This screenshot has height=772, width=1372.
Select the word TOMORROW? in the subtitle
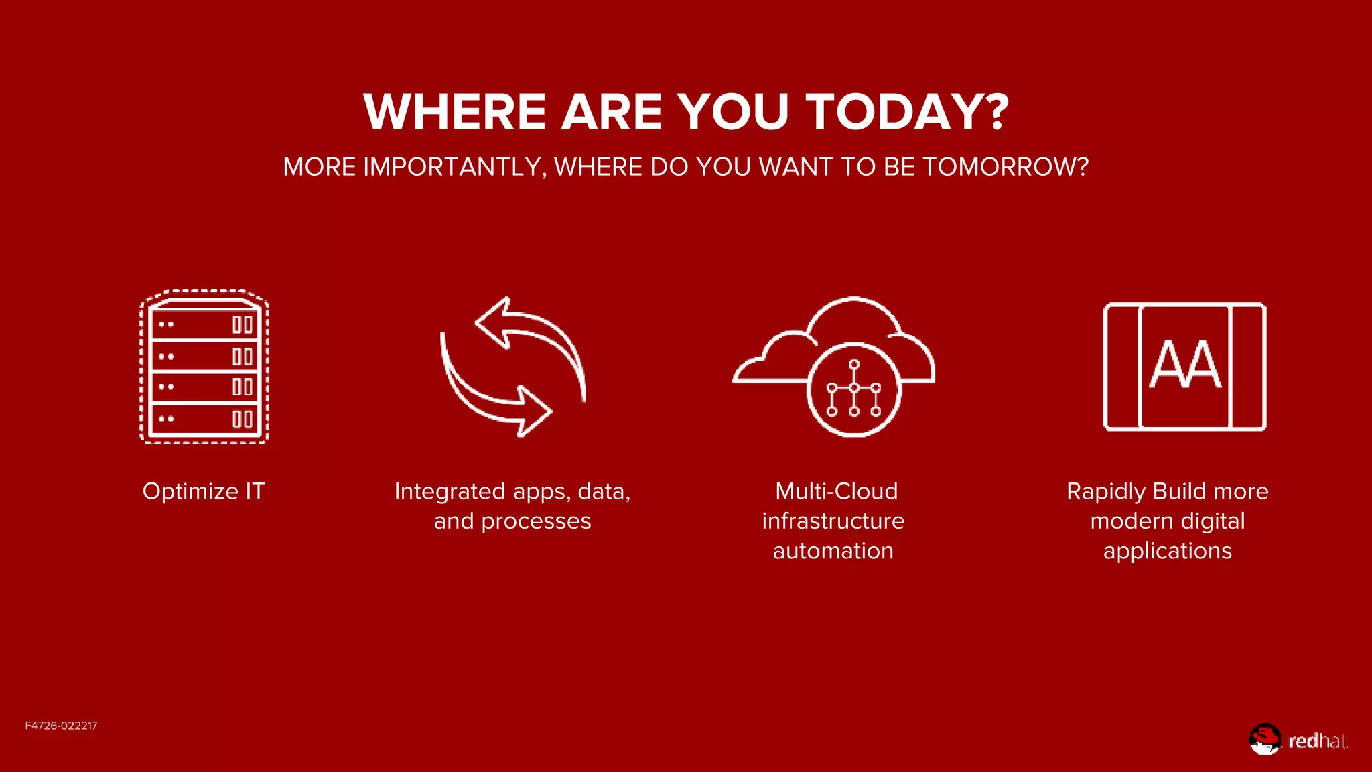[x=1006, y=167]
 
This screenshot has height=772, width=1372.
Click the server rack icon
[x=204, y=367]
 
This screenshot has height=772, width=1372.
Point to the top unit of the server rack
[x=204, y=325]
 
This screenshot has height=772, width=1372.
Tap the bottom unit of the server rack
[x=204, y=420]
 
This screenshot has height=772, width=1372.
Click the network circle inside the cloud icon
[x=853, y=389]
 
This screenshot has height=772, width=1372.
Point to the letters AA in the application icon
[x=1185, y=365]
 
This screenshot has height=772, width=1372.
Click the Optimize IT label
[x=204, y=491]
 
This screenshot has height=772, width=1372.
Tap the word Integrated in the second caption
[x=449, y=492]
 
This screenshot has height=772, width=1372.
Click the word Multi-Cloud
[x=836, y=491]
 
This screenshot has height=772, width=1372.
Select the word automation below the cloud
[x=833, y=551]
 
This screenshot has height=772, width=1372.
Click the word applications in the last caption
[x=1167, y=551]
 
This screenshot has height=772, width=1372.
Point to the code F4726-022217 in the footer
[x=61, y=726]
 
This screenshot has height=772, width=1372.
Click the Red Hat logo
[x=1298, y=740]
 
